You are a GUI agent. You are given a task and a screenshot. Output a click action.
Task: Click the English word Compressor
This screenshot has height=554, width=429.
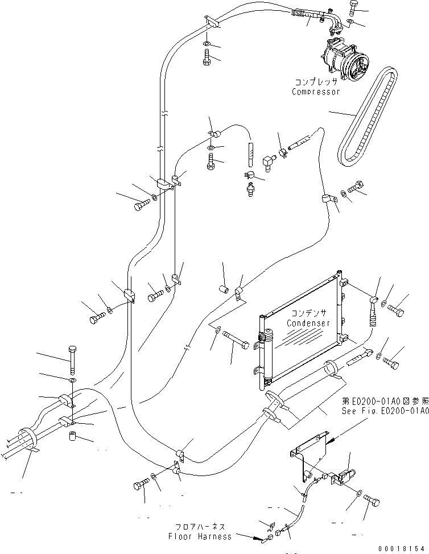316,92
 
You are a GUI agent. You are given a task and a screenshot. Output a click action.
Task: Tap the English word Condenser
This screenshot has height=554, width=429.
308,323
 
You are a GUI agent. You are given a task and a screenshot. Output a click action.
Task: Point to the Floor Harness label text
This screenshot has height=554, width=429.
200,536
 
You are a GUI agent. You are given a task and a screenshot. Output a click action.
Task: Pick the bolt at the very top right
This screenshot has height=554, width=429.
353,9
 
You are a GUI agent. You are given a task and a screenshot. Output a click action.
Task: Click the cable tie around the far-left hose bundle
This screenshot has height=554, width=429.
30,441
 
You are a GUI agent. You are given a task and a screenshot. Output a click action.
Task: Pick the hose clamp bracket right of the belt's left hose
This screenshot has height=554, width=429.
327,199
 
